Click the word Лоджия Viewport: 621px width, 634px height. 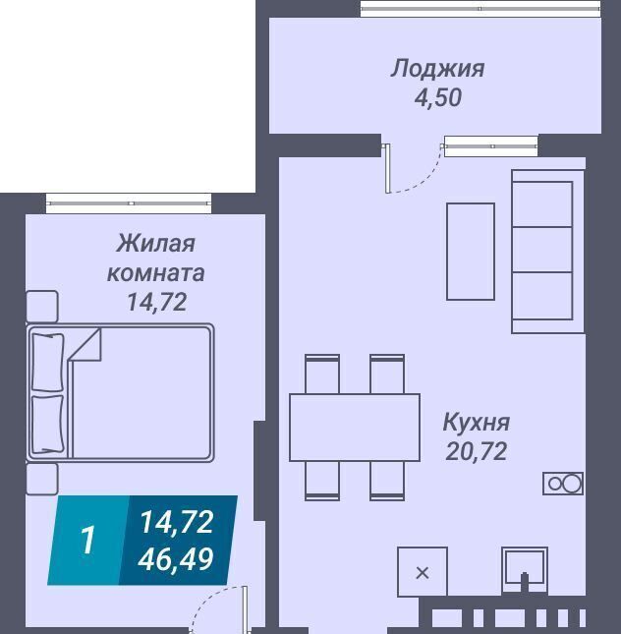pos(437,69)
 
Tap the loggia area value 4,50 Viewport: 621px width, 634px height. pos(438,97)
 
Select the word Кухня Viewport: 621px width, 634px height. pos(477,422)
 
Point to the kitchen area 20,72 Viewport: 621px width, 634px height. pos(477,451)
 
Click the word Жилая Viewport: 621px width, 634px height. pos(155,244)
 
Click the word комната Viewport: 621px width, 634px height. pos(155,273)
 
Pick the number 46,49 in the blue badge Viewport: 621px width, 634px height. pos(176,559)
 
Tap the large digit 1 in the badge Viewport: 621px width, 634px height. pos(87,540)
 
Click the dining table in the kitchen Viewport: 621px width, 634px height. pos(355,428)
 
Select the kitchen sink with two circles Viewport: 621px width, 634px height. pos(563,484)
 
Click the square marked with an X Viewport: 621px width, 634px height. pos(423,572)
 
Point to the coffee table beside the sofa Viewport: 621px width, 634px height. pos(471,252)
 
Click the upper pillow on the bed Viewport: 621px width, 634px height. pos(48,363)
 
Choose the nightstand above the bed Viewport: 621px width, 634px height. pos(42,307)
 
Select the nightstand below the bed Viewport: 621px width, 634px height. pos(42,479)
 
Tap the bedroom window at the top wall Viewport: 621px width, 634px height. pos(129,203)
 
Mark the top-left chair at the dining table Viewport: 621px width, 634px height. pos(322,375)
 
